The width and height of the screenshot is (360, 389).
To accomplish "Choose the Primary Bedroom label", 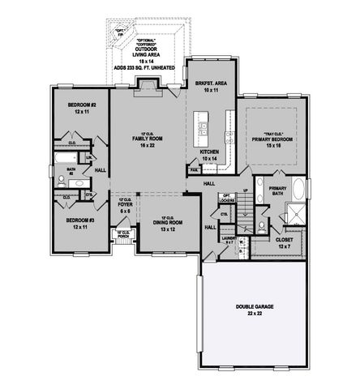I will tap(271, 140).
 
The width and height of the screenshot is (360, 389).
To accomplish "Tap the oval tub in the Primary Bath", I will tap(299, 193).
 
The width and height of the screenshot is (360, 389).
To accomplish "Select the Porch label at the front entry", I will tap(122, 235).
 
